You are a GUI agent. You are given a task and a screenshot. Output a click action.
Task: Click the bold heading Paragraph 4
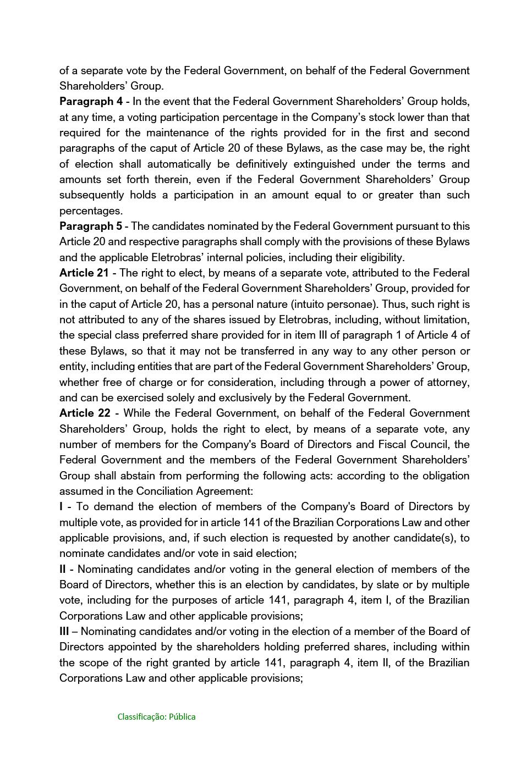91,102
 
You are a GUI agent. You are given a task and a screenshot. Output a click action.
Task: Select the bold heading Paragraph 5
91,227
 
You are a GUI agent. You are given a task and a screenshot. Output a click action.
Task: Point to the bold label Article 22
85,413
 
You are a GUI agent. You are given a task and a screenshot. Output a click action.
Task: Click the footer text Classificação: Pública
156,717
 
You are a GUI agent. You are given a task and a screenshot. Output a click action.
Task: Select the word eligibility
380,258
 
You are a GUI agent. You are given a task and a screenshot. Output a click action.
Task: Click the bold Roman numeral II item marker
63,570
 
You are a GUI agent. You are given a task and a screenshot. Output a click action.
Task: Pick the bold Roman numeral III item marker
64,632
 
